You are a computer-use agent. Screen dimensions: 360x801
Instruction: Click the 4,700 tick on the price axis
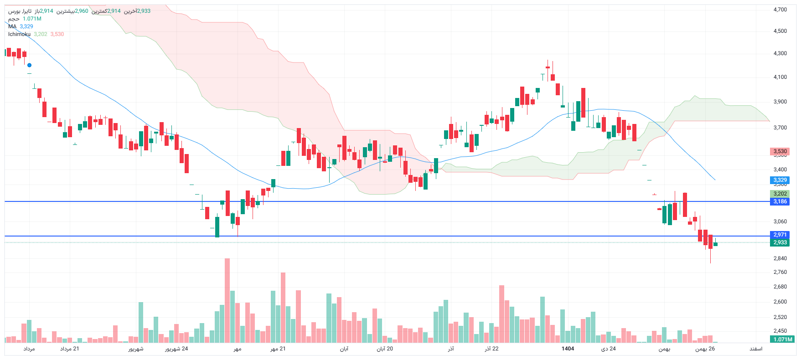(780, 9)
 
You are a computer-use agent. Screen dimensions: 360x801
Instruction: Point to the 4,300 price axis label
(780, 53)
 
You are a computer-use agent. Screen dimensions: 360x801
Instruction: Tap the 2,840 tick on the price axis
(780, 258)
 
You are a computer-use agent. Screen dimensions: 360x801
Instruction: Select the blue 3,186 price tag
(780, 201)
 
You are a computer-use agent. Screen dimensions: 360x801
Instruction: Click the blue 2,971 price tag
(780, 235)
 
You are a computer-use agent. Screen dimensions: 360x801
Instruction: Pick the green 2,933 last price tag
(780, 242)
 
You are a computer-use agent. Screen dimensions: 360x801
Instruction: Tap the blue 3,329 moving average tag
(780, 180)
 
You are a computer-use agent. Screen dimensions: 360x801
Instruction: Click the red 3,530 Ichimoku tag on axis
(780, 151)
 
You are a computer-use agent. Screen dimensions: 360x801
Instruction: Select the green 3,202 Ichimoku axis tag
(780, 194)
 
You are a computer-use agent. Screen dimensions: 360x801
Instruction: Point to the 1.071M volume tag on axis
(783, 339)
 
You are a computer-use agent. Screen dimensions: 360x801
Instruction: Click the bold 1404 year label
(568, 349)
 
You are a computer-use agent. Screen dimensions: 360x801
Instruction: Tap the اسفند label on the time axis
(756, 349)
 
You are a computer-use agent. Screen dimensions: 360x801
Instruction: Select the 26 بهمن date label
(705, 349)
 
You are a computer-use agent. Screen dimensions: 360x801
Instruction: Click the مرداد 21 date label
(70, 349)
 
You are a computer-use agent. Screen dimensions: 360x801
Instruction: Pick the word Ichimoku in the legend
(19, 34)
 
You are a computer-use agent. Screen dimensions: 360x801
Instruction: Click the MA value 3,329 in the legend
(26, 26)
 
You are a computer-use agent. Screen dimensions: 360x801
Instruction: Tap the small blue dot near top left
(29, 65)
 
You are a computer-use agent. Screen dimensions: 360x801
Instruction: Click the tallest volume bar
(227, 300)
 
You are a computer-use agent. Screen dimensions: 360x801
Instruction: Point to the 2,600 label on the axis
(780, 302)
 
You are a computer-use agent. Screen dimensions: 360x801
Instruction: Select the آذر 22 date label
(491, 349)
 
